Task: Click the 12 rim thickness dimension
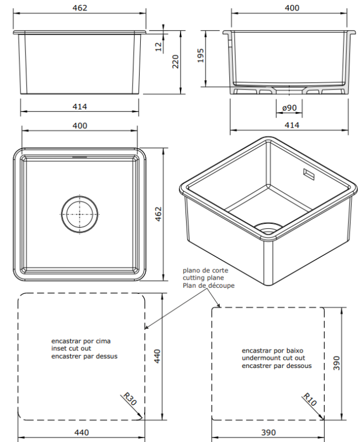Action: [x=159, y=46]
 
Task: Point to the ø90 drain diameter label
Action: [x=289, y=108]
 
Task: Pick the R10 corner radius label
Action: [x=310, y=399]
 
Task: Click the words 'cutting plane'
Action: [x=203, y=278]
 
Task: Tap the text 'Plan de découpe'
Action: [x=208, y=286]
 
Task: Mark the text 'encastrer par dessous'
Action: [x=277, y=366]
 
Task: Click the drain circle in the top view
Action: [x=80, y=214]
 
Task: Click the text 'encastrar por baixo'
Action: [x=273, y=351]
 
